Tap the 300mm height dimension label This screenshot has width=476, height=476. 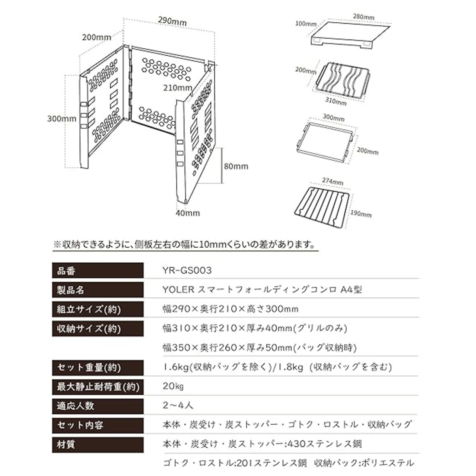[62, 119]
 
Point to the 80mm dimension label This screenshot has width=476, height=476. [236, 166]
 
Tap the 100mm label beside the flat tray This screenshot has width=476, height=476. [306, 24]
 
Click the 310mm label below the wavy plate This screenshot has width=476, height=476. [335, 101]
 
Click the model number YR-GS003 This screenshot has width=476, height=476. [187, 270]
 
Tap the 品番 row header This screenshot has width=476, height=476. [67, 271]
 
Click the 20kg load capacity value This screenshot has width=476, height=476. [173, 386]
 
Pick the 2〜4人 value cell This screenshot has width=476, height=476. [178, 405]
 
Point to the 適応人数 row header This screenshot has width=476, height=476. [75, 405]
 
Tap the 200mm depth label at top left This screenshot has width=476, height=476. [97, 37]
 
